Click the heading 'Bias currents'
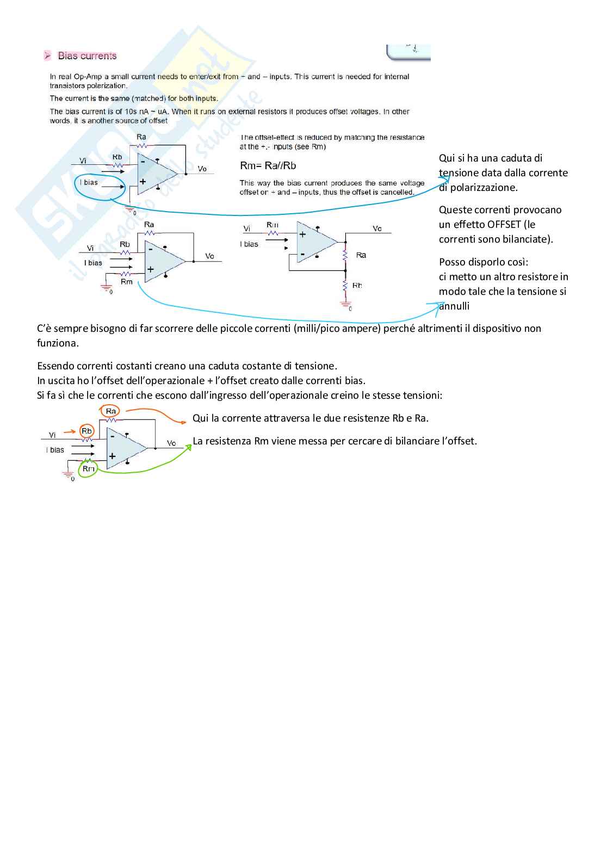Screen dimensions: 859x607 pyautogui.click(x=87, y=55)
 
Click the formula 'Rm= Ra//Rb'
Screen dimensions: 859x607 pyautogui.click(x=268, y=165)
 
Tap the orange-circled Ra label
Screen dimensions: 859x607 pyautogui.click(x=111, y=411)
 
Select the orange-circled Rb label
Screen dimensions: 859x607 pyautogui.click(x=86, y=431)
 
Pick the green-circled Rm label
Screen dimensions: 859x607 pyautogui.click(x=88, y=468)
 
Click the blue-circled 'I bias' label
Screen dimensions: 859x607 pyautogui.click(x=89, y=182)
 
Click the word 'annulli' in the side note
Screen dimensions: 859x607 pyautogui.click(x=454, y=306)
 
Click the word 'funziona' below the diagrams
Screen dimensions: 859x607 pyautogui.click(x=57, y=343)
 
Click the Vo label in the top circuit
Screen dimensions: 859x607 pyautogui.click(x=202, y=169)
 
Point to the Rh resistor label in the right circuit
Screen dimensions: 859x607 pyautogui.click(x=357, y=285)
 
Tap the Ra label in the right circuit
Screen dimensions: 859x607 pyautogui.click(x=361, y=255)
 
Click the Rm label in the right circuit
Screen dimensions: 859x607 pyautogui.click(x=272, y=225)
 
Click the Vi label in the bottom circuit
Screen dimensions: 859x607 pyautogui.click(x=52, y=435)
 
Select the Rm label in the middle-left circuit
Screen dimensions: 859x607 pyautogui.click(x=127, y=281)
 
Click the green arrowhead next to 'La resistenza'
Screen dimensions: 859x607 pyautogui.click(x=189, y=447)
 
